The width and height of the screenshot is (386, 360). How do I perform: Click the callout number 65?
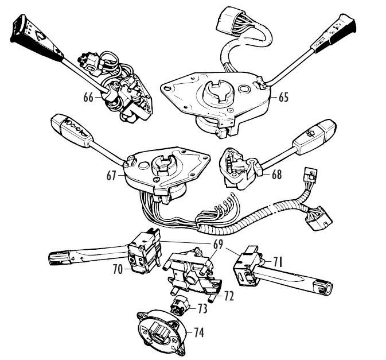(x=283, y=97)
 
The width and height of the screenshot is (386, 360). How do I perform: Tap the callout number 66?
(x=88, y=98)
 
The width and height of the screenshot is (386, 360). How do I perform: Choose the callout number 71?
(x=278, y=262)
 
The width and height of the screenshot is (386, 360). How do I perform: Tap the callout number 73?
(x=202, y=309)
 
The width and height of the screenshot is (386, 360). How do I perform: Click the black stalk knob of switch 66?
(x=29, y=36)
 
